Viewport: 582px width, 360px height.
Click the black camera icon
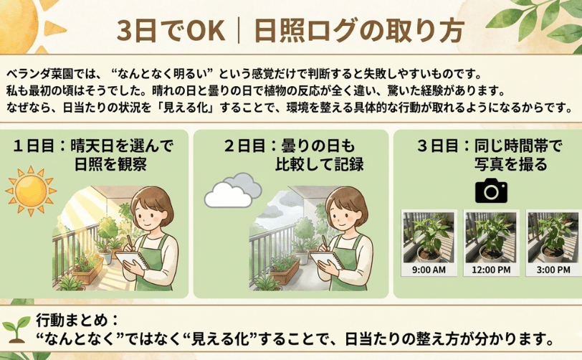tap(491, 190)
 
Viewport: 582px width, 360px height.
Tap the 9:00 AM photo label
tap(429, 270)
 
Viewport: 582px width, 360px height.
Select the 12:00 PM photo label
tap(491, 270)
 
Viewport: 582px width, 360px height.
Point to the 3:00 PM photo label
tap(553, 270)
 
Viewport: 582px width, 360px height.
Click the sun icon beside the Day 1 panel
tap(31, 191)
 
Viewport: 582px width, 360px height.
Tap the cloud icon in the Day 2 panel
tap(233, 190)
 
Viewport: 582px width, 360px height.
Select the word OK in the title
tap(206, 30)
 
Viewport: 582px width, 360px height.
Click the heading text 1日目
tap(34, 146)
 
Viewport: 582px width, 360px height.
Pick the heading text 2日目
tap(245, 146)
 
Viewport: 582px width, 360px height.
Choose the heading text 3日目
tap(438, 146)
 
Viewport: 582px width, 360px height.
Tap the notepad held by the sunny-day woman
tap(132, 260)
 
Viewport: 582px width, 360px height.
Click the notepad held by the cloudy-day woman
tap(327, 260)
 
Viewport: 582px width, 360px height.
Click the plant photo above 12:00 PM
tap(491, 237)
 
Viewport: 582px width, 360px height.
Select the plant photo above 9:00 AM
tap(429, 237)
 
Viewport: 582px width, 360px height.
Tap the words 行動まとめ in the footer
tap(72, 321)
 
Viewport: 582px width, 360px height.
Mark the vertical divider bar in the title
tap(239, 30)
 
